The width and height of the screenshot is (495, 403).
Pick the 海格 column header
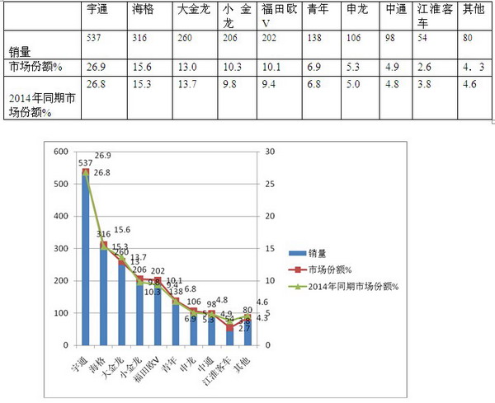tap(142, 10)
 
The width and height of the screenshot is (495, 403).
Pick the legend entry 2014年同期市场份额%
tap(352, 286)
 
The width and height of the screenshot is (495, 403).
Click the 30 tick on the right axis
tap(269, 152)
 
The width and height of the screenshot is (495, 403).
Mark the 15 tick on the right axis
tap(269, 249)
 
